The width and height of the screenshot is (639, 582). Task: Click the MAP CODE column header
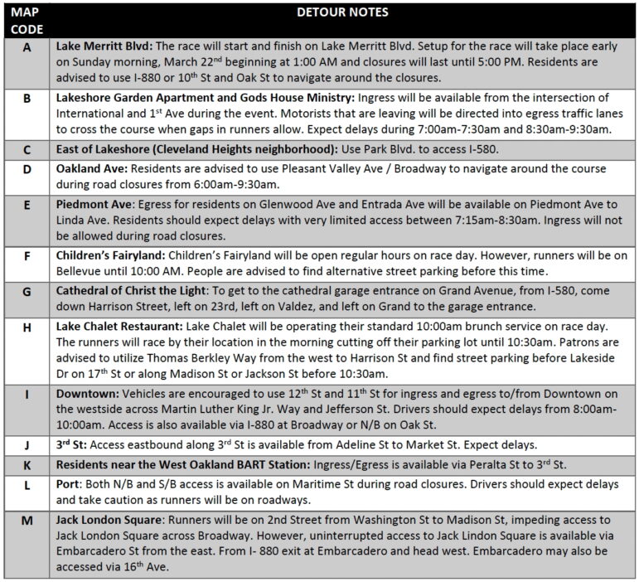point(27,20)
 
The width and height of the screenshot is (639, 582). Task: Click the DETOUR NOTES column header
point(342,12)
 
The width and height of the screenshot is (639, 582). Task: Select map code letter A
point(27,47)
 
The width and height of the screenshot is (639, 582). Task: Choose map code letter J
point(27,446)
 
